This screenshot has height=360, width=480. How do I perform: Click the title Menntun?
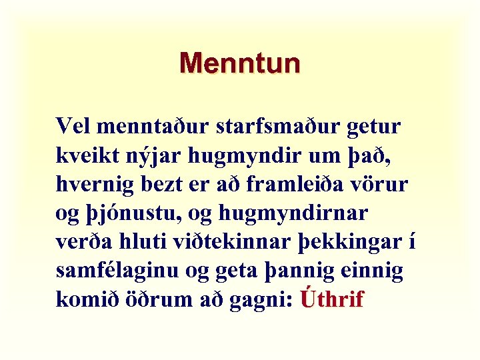click(x=239, y=63)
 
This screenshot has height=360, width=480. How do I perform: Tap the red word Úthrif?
click(x=332, y=299)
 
